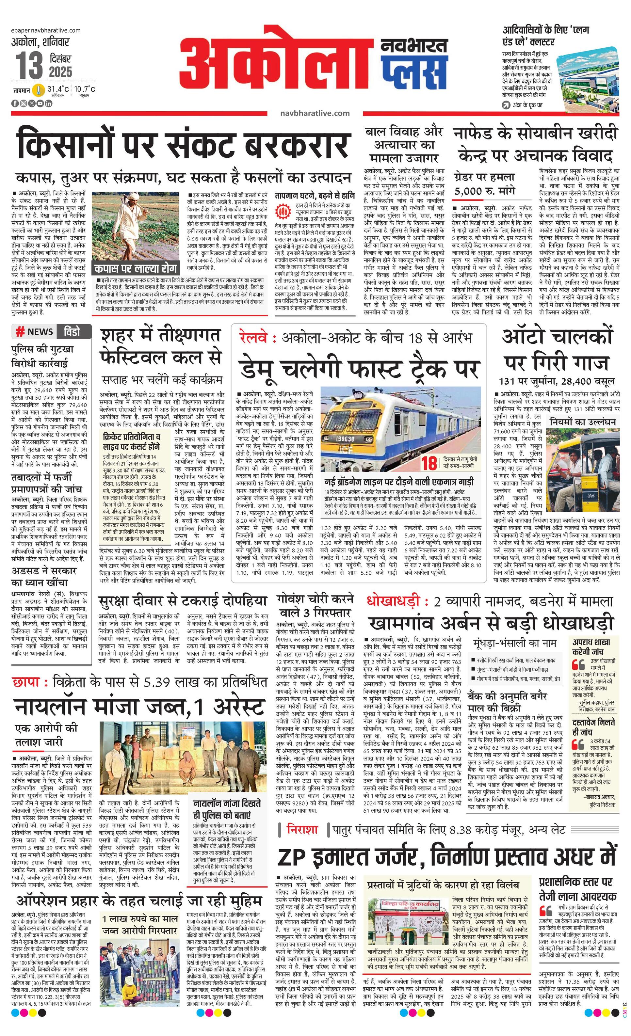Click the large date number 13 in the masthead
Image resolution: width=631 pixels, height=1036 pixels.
pos(29,66)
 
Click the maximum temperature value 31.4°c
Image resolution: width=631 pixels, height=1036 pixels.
pos(58,89)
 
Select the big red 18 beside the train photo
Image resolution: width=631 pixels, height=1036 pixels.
pos(430,463)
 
